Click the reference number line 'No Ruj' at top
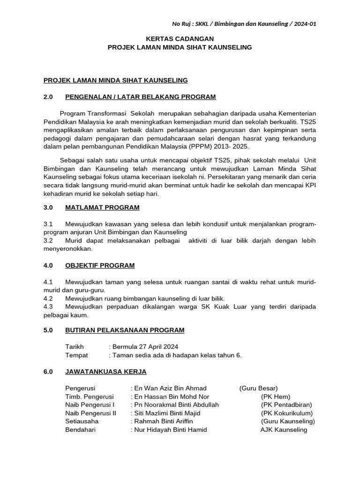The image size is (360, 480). tap(244, 24)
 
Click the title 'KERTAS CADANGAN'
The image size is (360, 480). tap(180, 38)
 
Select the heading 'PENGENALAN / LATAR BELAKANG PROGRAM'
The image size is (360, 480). tap(141, 97)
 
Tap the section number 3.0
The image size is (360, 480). tap(48, 207)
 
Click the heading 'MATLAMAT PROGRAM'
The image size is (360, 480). tap(102, 207)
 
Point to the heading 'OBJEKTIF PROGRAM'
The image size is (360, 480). tap(100, 265)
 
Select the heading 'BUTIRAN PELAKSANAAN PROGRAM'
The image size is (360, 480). tap(125, 330)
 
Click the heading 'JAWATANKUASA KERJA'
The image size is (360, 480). tap(106, 371)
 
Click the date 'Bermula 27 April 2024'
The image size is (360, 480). tap(144, 347)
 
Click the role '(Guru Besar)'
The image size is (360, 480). tap(258, 388)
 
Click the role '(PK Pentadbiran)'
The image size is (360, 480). tap(286, 405)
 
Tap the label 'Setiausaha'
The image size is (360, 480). tap(82, 421)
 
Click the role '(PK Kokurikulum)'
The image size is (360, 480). tap(287, 413)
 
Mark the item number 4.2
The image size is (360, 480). tap(48, 298)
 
